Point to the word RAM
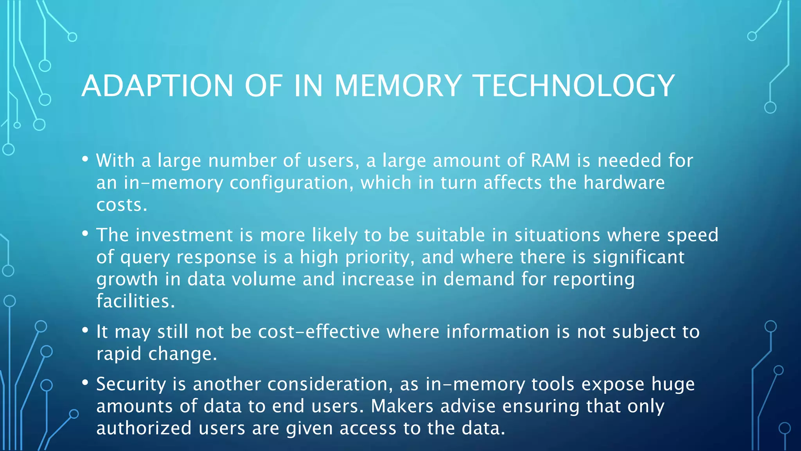coord(550,161)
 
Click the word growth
coord(127,280)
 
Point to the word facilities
coord(135,301)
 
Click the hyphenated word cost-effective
coord(319,332)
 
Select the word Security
coord(131,384)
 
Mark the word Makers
coord(402,406)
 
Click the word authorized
coord(144,428)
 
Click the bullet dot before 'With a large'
coord(85,159)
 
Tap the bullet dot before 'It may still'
coord(85,330)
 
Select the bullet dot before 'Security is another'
coord(85,382)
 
